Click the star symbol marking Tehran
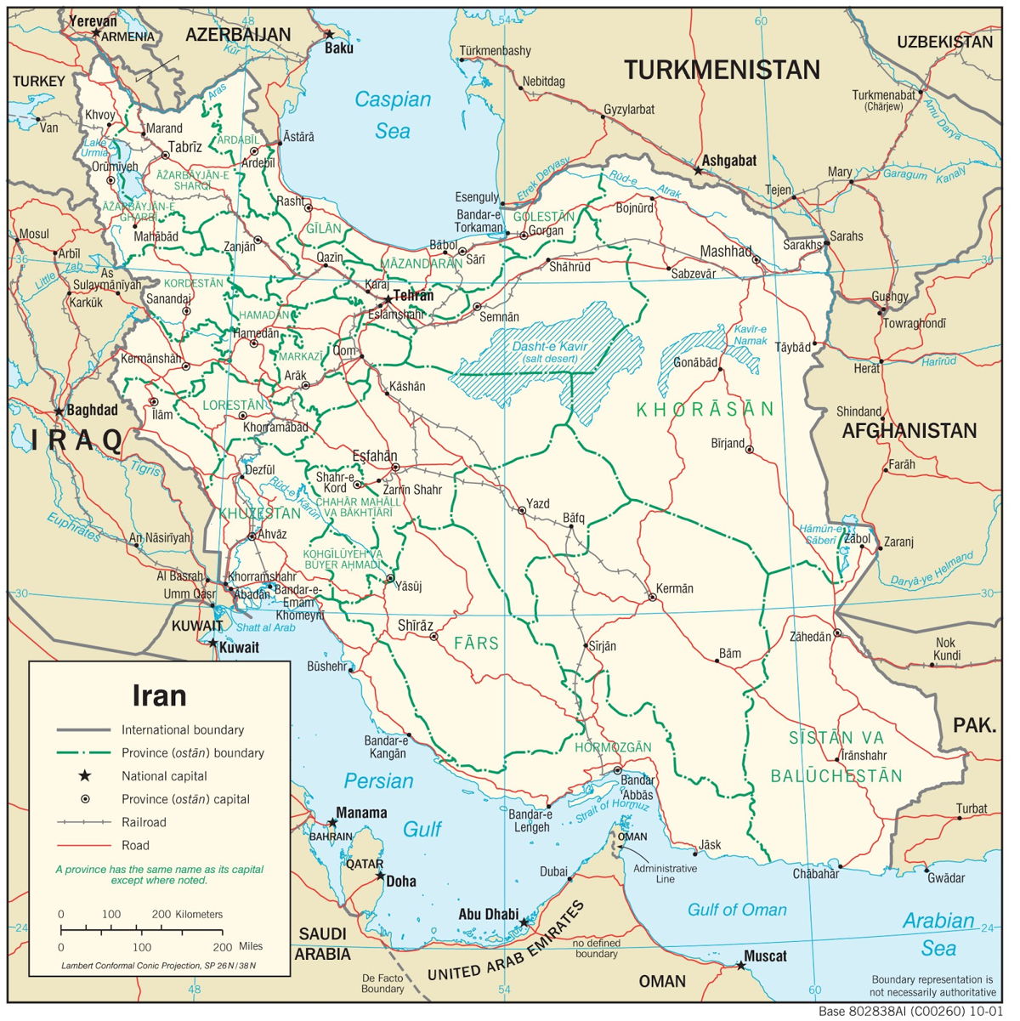[388, 298]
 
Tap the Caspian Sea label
[393, 115]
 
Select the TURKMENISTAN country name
[722, 70]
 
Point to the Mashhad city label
[726, 251]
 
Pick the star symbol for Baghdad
[59, 411]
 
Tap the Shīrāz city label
[416, 626]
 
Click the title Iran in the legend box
[159, 695]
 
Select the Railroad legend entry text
[144, 822]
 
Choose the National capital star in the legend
[84, 775]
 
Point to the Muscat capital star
[741, 965]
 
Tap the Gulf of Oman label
[737, 910]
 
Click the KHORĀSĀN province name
[705, 410]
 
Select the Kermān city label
[675, 588]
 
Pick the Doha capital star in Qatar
[380, 876]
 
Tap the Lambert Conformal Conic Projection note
[158, 966]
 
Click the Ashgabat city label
[728, 160]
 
